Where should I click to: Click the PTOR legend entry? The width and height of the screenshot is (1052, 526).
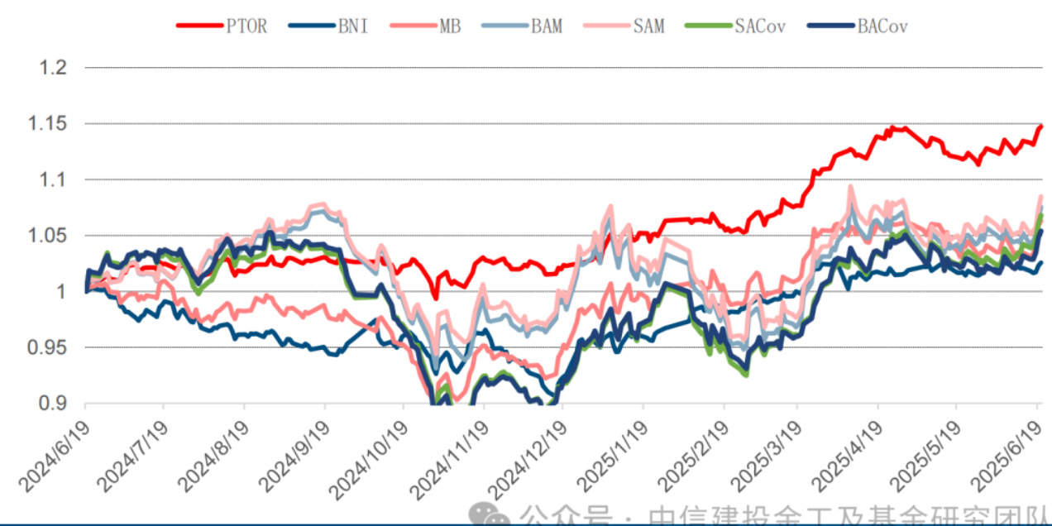click(246, 26)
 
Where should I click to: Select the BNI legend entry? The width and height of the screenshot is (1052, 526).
click(352, 26)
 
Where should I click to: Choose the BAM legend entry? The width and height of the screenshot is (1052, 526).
click(547, 26)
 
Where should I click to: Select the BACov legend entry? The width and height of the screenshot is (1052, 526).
click(882, 26)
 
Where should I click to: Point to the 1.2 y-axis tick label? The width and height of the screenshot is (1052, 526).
click(53, 68)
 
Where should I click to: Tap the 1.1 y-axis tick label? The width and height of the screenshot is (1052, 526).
click(53, 179)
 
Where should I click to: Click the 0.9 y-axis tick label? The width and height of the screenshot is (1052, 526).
click(53, 404)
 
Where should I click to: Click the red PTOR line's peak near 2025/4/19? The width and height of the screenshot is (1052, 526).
click(892, 127)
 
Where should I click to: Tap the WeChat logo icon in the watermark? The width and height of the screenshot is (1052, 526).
click(496, 514)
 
